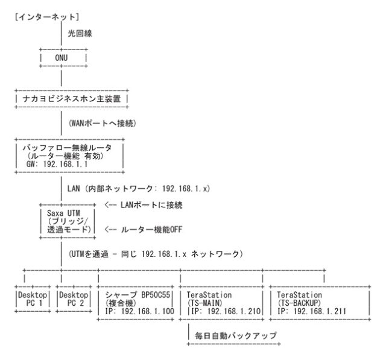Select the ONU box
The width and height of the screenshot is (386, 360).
pos(62,58)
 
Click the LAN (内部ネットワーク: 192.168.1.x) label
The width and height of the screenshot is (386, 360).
pos(139,188)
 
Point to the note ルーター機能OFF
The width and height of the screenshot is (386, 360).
pos(145,230)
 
